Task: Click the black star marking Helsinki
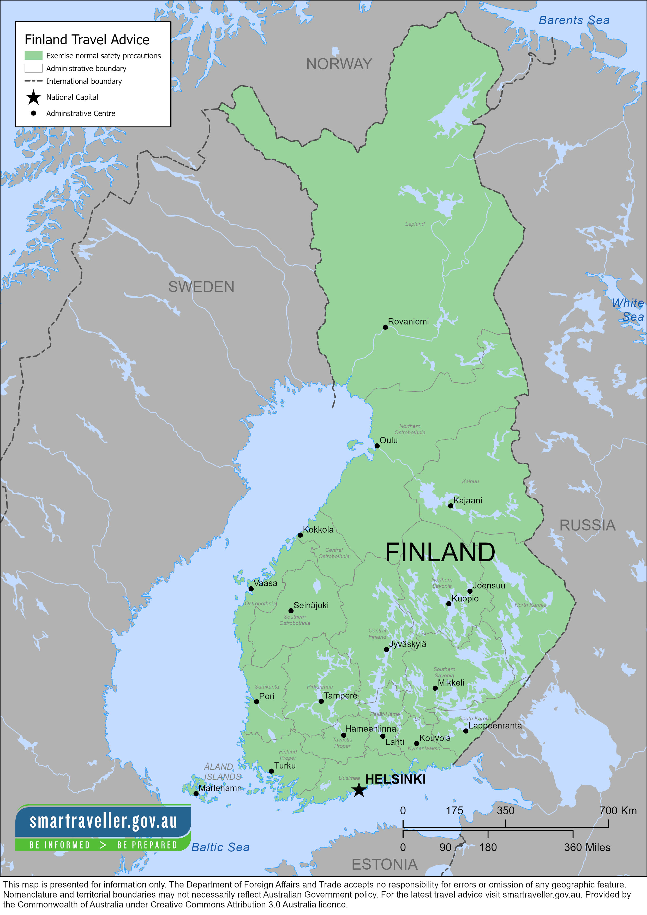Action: [359, 790]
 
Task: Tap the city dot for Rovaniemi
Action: [385, 327]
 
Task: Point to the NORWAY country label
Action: [339, 64]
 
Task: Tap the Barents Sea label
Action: [574, 20]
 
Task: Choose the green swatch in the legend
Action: [33, 55]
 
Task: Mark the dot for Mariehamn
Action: [196, 793]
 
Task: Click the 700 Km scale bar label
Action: [618, 811]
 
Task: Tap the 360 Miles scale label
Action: [587, 847]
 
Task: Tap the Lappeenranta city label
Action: [495, 725]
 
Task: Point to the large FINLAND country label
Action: [440, 552]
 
